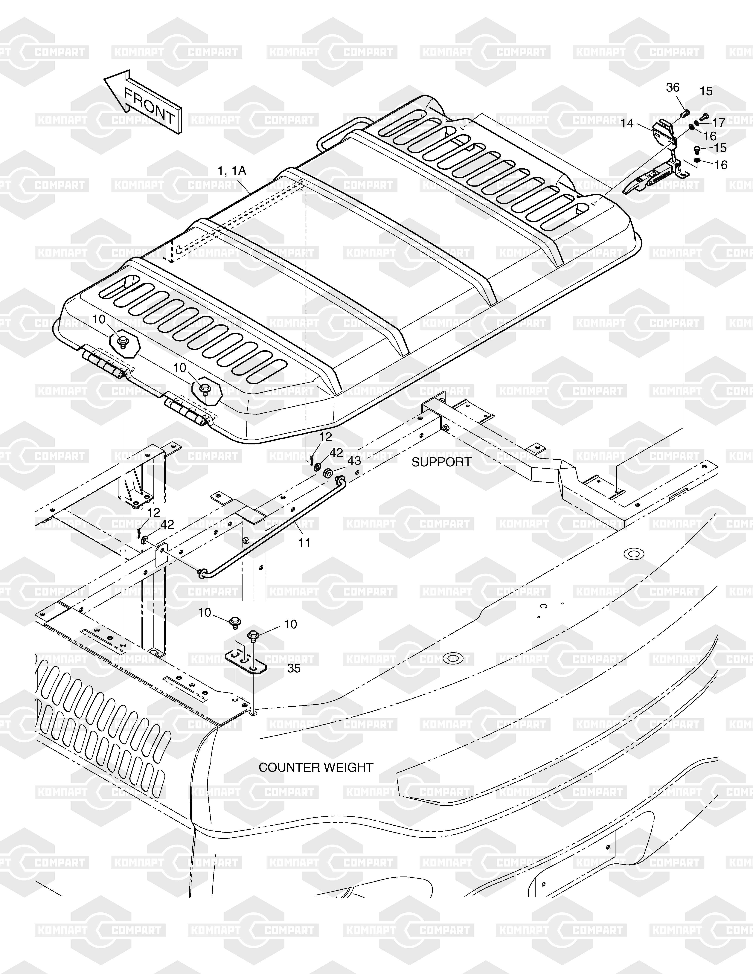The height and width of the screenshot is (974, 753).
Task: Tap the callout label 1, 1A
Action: click(231, 170)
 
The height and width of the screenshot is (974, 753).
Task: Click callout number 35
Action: click(294, 668)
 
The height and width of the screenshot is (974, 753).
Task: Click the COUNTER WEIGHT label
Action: click(316, 767)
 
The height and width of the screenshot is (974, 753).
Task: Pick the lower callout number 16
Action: click(721, 165)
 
